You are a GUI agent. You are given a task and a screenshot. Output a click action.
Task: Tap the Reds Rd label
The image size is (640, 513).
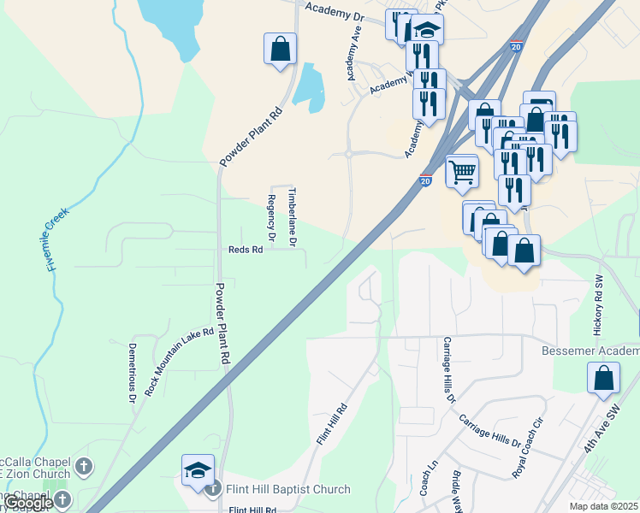244,250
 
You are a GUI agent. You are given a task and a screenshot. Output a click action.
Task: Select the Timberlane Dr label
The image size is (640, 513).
293,217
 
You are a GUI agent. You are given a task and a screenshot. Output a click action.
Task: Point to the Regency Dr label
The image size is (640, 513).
271,217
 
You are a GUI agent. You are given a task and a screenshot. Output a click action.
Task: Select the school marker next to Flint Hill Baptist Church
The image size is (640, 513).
197,471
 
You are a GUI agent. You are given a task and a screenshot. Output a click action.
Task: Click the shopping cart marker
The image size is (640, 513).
462,170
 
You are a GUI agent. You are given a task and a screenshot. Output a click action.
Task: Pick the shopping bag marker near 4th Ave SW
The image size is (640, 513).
603,378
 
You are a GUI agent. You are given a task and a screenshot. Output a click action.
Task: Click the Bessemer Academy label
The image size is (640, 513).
590,351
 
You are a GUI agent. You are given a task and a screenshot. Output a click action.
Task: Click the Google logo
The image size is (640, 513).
28,504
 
